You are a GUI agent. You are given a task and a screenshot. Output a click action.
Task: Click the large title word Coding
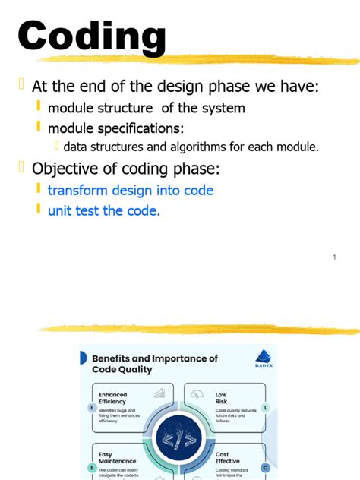coord(91,36)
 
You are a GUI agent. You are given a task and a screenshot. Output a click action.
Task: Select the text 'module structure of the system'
coord(146,108)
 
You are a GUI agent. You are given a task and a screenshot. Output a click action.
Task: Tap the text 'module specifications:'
coord(115,128)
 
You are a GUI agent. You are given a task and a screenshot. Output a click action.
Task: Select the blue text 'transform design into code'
coord(130,190)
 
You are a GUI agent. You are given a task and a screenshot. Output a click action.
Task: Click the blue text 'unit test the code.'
coord(103,210)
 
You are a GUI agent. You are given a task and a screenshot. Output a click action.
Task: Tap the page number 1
coord(334,258)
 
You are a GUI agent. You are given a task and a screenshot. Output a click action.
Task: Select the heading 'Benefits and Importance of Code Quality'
coord(154,364)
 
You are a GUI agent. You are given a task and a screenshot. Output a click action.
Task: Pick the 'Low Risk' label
coord(221,399)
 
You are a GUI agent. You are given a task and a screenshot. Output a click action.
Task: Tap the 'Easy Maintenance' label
coord(117,457)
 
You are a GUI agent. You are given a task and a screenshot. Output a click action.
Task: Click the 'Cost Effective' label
coord(227,457)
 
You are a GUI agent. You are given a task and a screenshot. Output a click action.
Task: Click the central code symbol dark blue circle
coord(179,439)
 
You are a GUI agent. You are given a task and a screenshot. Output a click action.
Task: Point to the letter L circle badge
coord(266,408)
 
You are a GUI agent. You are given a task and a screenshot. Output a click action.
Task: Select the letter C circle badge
coord(266,467)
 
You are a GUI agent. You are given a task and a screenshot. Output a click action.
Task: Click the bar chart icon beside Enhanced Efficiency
coord(159,393)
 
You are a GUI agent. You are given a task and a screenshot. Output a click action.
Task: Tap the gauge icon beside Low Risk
coord(197,393)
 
